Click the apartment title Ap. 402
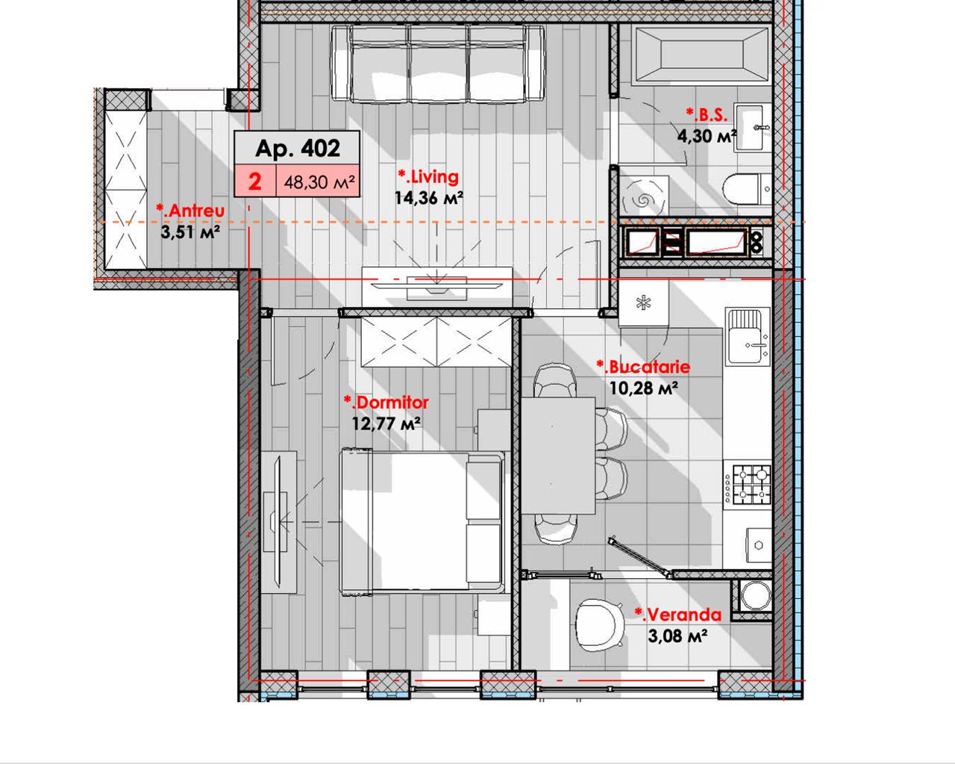[x=298, y=148]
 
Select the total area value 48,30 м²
[x=319, y=181]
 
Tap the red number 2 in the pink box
[x=254, y=181]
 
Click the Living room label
[x=428, y=176]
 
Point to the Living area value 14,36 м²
[x=429, y=198]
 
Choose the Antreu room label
[x=190, y=211]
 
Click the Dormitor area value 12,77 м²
[x=386, y=423]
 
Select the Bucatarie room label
[x=643, y=367]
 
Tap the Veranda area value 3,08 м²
[x=677, y=636]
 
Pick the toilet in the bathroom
[x=748, y=190]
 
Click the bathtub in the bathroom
[x=702, y=55]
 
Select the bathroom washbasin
[x=749, y=128]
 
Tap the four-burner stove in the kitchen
[x=748, y=484]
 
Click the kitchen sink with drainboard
[x=748, y=336]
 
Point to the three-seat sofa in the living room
[x=438, y=63]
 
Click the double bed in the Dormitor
[x=422, y=522]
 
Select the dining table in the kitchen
[x=558, y=456]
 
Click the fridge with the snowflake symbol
[x=643, y=303]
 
